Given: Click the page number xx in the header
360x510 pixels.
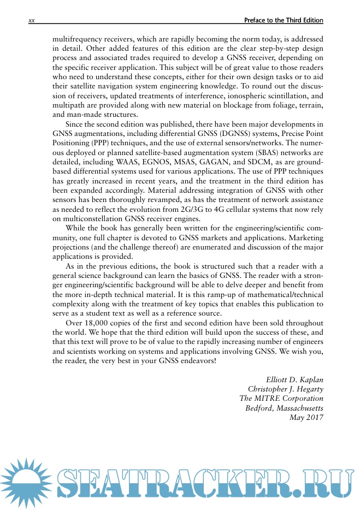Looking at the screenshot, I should coord(31,21).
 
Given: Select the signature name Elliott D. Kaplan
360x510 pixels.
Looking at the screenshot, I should coord(294,378).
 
